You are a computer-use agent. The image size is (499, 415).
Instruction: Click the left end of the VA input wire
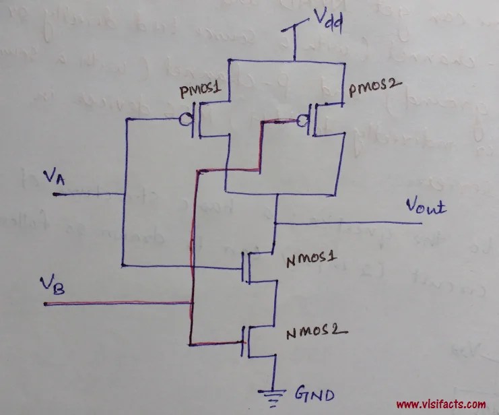point(54,195)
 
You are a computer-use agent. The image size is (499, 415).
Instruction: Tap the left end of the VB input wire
point(46,304)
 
